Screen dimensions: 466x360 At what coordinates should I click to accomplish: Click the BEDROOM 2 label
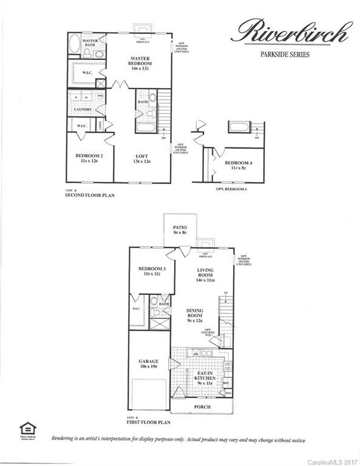(x=89, y=158)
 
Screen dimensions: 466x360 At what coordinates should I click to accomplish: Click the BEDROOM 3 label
(x=152, y=271)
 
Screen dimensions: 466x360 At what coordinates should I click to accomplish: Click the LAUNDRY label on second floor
(x=83, y=109)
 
